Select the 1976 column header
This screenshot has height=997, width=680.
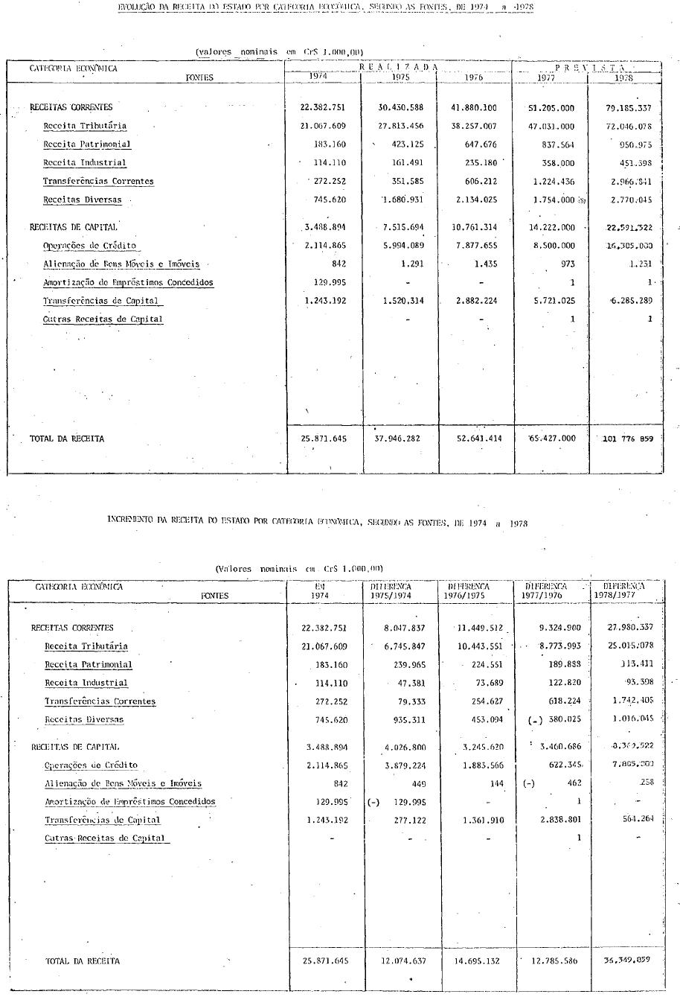pos(473,77)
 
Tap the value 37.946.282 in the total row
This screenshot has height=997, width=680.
pos(397,439)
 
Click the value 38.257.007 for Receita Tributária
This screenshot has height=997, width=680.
pos(473,126)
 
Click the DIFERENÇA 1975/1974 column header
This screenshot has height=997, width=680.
pos(391,590)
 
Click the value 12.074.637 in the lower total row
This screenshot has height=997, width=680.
pos(402,961)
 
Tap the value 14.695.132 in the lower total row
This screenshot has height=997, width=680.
pos(478,961)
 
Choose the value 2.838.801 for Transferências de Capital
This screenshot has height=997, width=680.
pos(556,820)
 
